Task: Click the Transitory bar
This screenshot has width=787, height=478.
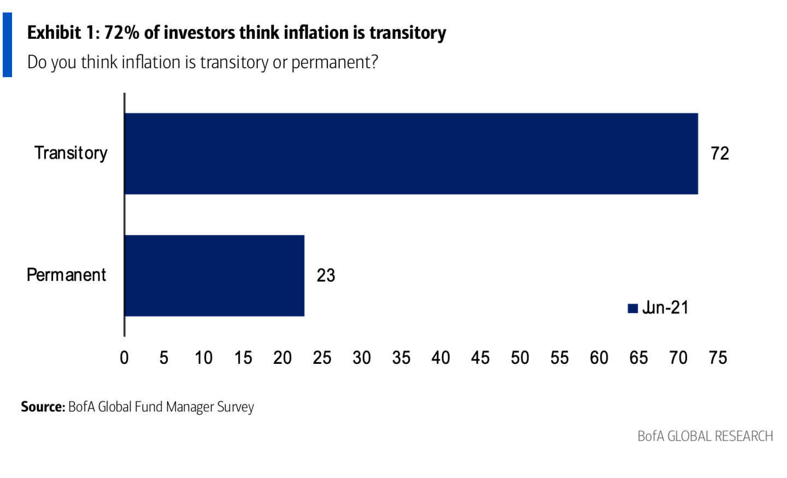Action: pyautogui.click(x=411, y=154)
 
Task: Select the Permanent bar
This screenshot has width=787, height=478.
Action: pyautogui.click(x=214, y=275)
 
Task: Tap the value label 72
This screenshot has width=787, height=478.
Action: pyautogui.click(x=720, y=154)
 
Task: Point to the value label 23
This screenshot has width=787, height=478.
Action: pyautogui.click(x=326, y=275)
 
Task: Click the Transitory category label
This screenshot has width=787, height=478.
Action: pyautogui.click(x=71, y=154)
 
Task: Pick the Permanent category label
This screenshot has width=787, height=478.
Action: pyautogui.click(x=66, y=275)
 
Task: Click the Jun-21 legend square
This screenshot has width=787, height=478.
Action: pyautogui.click(x=633, y=309)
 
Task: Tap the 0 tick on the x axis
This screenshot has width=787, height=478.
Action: pyautogui.click(x=125, y=358)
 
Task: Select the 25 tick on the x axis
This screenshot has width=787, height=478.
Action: pyautogui.click(x=322, y=358)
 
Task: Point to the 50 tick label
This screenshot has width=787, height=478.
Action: pyautogui.click(x=520, y=358)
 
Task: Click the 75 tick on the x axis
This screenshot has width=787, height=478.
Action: pyautogui.click(x=718, y=358)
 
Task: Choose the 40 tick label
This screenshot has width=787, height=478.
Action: pyautogui.click(x=441, y=358)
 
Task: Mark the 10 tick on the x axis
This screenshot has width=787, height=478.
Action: pyautogui.click(x=203, y=358)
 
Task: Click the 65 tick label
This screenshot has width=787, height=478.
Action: pyautogui.click(x=638, y=358)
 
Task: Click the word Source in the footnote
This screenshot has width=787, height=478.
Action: pyautogui.click(x=43, y=407)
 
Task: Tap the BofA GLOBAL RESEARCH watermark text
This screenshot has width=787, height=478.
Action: pyautogui.click(x=705, y=436)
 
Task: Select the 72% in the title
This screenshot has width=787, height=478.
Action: pyautogui.click(x=121, y=33)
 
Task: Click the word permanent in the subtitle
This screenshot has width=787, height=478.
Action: pyautogui.click(x=331, y=63)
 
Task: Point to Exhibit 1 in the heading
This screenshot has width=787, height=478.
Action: pyautogui.click(x=62, y=33)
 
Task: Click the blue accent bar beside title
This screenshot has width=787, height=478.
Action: pyautogui.click(x=7, y=45)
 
